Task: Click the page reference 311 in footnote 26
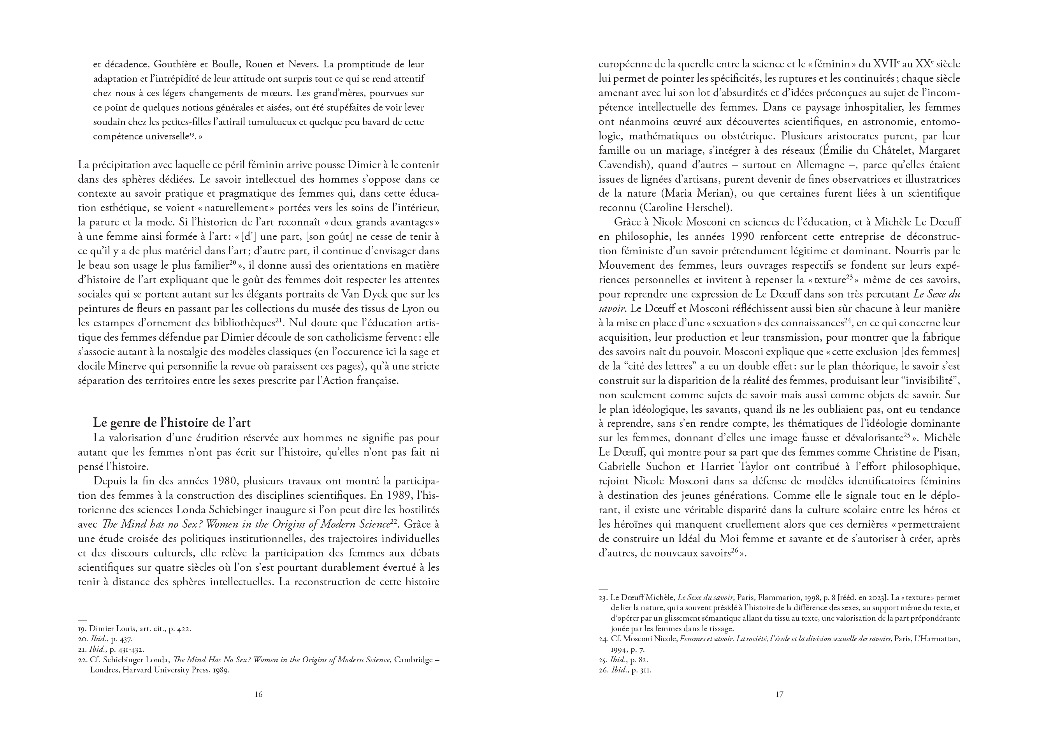645,670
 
